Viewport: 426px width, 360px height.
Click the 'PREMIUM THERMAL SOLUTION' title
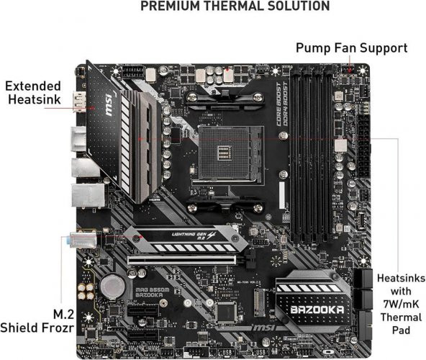235,6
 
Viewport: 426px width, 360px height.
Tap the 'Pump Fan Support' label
352,48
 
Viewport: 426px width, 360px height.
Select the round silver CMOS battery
112,287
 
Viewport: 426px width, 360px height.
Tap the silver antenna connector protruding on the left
81,240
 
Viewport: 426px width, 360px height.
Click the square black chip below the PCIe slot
227,311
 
